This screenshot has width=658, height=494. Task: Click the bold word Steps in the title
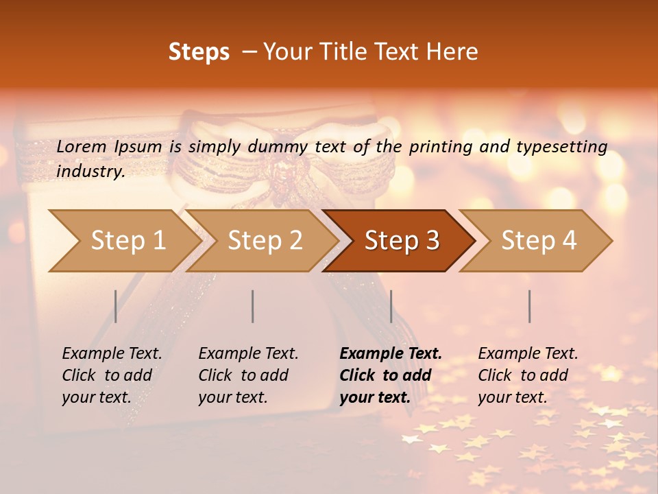tap(199, 52)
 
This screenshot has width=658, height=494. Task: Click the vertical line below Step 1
tap(116, 306)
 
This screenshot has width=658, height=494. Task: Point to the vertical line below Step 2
tap(253, 306)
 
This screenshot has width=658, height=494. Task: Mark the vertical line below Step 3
tap(391, 306)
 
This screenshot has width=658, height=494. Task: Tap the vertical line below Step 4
tap(530, 306)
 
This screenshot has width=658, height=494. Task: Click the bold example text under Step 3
tap(391, 375)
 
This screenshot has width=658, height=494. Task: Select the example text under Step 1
tap(112, 375)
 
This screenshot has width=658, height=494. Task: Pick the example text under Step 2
tap(248, 375)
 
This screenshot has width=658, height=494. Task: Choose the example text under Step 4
tap(528, 375)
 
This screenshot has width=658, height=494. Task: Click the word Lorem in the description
tap(82, 146)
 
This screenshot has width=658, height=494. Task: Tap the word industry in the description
tap(90, 172)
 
